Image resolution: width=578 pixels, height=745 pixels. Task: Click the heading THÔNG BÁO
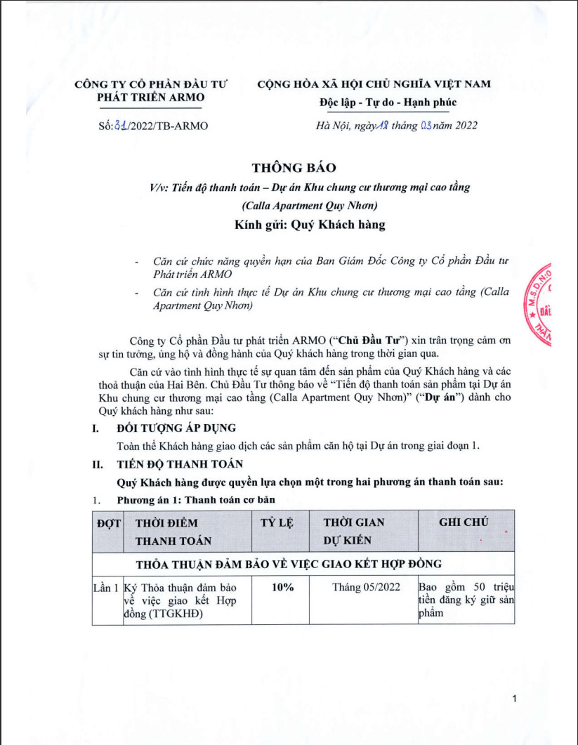(294, 168)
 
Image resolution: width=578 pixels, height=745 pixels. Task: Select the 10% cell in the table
(282, 588)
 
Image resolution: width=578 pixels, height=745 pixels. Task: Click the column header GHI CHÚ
(464, 522)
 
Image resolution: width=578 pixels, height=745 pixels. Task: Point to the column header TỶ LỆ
(277, 523)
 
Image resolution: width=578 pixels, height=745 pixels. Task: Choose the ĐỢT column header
(107, 523)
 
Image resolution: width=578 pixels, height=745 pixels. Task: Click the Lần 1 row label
(107, 588)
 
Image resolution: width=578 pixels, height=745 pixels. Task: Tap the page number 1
(515, 698)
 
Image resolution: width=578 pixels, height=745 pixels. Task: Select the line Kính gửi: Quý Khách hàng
(310, 225)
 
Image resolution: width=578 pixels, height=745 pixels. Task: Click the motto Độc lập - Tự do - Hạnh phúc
(387, 103)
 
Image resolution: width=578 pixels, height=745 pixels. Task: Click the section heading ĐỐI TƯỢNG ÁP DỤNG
(176, 428)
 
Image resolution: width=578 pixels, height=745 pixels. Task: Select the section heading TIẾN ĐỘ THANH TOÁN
(180, 464)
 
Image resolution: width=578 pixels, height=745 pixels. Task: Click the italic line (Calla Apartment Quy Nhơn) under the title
(309, 206)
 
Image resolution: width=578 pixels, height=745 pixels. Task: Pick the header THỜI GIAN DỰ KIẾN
(354, 532)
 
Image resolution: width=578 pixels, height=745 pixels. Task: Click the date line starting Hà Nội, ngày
(397, 126)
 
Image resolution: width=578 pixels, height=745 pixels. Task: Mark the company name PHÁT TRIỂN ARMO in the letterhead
(151, 97)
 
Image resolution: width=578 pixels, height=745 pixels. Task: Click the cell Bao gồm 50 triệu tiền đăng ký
(466, 600)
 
